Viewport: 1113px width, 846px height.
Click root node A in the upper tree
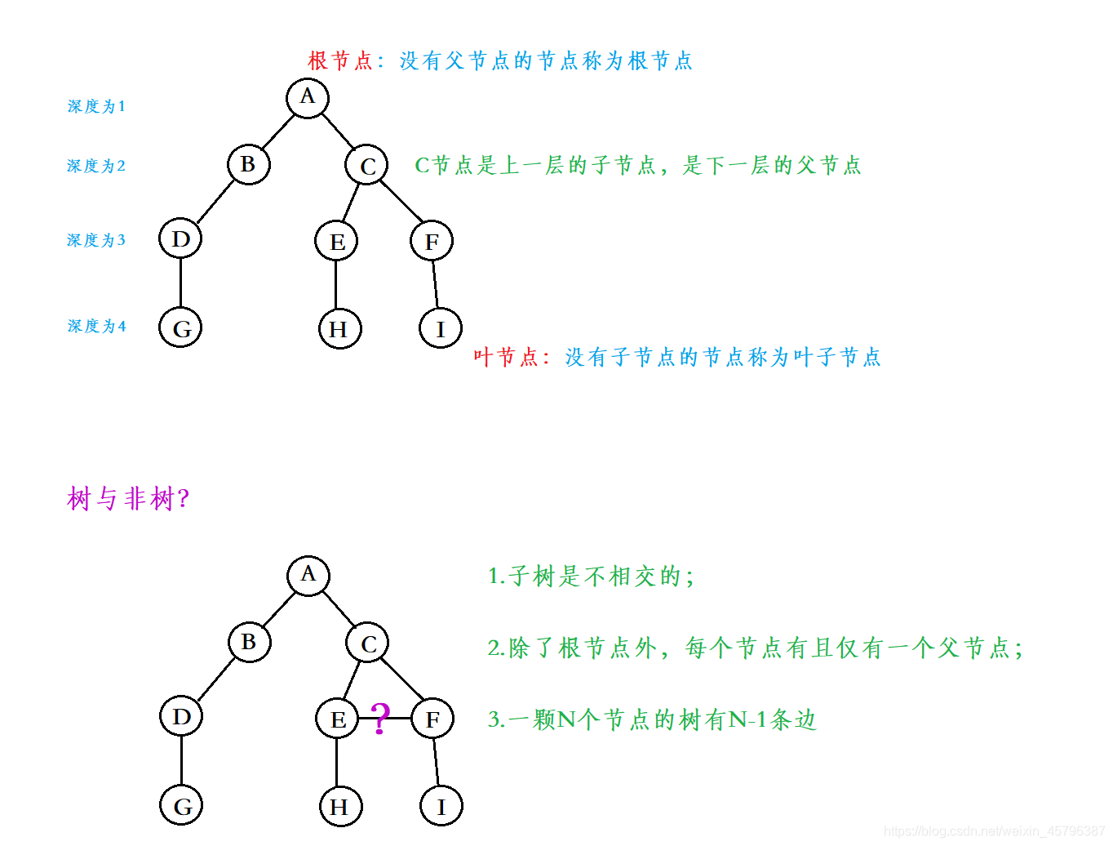coord(308,98)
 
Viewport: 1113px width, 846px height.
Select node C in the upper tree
coord(367,165)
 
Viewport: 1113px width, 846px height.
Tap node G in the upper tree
coord(180,327)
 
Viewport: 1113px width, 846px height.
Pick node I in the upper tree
coord(441,328)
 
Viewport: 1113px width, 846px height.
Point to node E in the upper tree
coord(337,241)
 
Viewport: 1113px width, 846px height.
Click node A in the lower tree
coord(308,575)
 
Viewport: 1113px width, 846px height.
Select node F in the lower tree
coord(432,719)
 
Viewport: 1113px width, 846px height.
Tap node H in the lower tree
coord(340,807)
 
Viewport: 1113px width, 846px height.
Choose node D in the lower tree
coord(181,716)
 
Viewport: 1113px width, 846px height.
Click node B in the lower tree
coord(249,642)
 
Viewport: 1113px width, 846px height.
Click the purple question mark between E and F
coord(380,719)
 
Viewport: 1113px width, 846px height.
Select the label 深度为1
coord(96,106)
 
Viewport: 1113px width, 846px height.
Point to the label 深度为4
coord(96,326)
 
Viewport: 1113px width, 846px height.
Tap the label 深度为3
coord(96,240)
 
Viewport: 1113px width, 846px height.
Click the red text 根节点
coord(340,60)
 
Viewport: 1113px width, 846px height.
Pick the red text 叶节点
coord(506,357)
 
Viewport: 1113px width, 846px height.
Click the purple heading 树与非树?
coord(128,498)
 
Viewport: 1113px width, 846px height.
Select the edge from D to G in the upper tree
coord(180,283)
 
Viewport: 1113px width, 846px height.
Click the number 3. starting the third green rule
coord(496,719)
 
